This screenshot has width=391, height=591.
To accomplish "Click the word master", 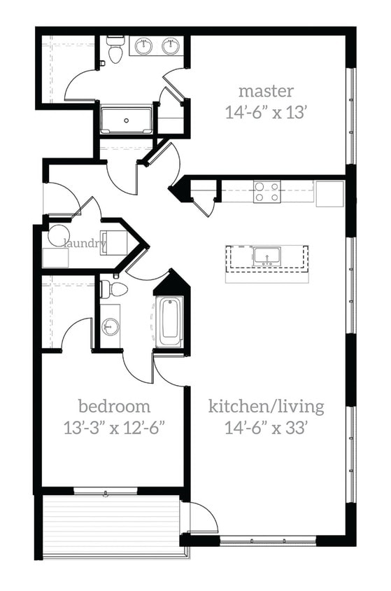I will tap(266, 91).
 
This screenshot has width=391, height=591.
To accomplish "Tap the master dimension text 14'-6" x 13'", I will tap(266, 112).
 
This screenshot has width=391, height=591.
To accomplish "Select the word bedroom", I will tap(114, 405).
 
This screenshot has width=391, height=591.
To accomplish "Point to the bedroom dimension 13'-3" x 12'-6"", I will tap(114, 427).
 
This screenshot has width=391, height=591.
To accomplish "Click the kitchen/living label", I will tap(266, 406).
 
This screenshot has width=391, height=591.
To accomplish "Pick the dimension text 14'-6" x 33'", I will tap(266, 428).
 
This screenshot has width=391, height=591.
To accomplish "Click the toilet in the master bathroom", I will tap(115, 50).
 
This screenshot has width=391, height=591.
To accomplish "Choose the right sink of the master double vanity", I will tap(171, 46).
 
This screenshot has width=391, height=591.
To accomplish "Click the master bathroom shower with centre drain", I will tap(126, 120).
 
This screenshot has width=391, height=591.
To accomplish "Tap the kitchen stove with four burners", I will tap(267, 192).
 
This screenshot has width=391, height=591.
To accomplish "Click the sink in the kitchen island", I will tap(266, 256).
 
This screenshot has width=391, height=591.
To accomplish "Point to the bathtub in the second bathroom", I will tap(170, 321).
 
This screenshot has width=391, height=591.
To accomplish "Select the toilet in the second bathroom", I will tap(113, 288).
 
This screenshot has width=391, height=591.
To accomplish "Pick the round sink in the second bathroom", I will tap(111, 326).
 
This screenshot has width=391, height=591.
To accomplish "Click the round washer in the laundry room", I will tap(58, 235).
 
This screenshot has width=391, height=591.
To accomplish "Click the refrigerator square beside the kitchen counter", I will tap(329, 193).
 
